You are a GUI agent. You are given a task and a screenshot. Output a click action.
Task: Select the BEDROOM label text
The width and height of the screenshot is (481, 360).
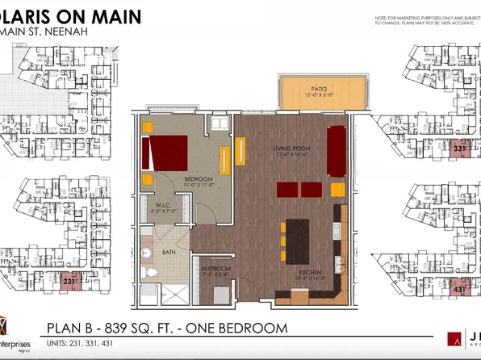(176, 178)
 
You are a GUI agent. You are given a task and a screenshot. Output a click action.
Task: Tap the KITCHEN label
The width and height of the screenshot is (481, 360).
(311, 274)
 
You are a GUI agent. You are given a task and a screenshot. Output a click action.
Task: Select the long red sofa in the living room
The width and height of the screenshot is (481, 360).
(334, 150)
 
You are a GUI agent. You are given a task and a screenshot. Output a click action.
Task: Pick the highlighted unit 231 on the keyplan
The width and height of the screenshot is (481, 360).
(71, 283)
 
